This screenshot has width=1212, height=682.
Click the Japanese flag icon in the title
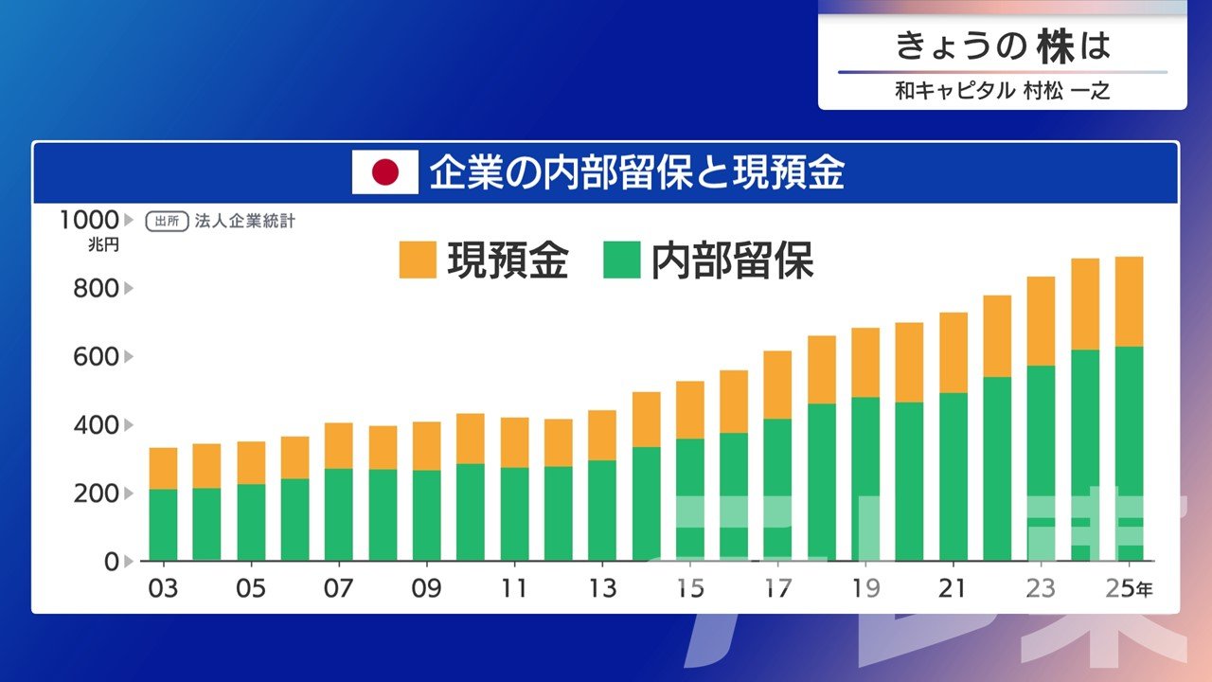click(x=384, y=173)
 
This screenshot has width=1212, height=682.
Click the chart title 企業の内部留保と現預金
click(x=636, y=173)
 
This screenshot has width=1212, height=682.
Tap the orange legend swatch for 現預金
click(x=418, y=260)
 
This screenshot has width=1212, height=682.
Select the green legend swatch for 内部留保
click(x=621, y=260)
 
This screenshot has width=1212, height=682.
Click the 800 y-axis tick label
click(x=97, y=288)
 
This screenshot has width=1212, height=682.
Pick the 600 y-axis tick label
click(x=97, y=356)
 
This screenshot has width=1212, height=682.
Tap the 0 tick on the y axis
click(x=112, y=561)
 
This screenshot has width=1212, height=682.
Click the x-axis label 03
click(x=163, y=588)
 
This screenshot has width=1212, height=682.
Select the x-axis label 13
click(x=601, y=588)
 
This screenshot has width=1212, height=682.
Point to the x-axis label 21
click(x=953, y=588)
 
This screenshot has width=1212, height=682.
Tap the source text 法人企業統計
click(x=245, y=222)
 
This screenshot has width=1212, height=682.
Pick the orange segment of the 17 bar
click(x=777, y=385)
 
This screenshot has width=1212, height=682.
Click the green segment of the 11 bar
click(x=514, y=513)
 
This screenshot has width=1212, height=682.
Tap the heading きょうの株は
click(x=1002, y=45)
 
